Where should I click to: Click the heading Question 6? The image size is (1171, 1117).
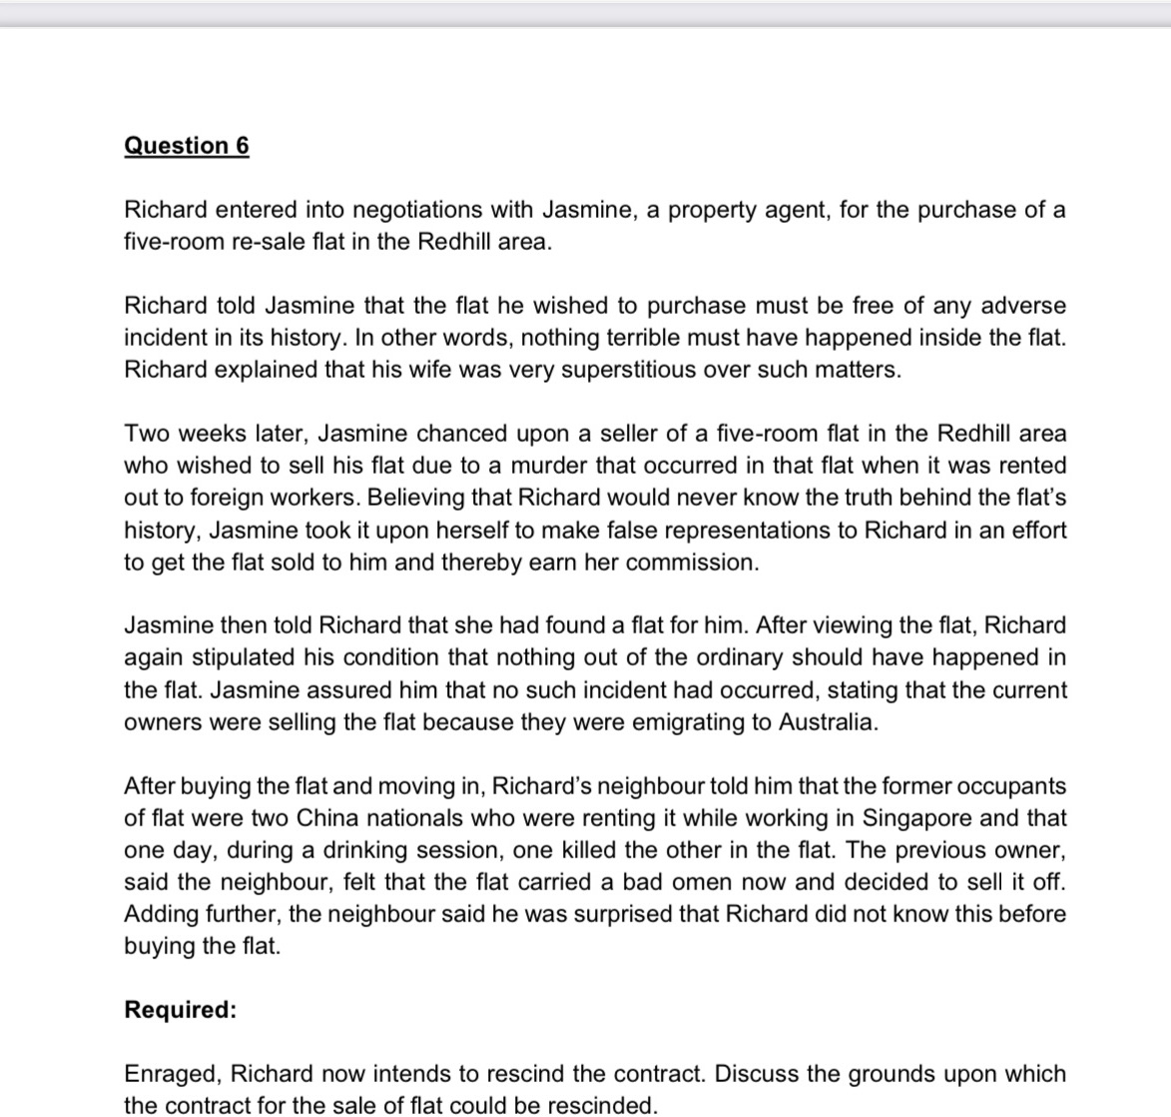pyautogui.click(x=186, y=146)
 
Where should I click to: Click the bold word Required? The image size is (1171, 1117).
pyautogui.click(x=180, y=1010)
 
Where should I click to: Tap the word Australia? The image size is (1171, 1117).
pyautogui.click(x=828, y=722)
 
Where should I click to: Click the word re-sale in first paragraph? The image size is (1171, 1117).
pyautogui.click(x=269, y=242)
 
